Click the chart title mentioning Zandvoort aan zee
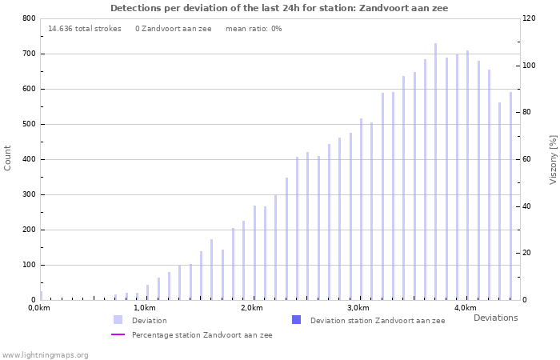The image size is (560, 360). tap(279, 8)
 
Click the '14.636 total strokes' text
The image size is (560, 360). tap(85, 29)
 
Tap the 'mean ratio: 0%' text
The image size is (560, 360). tap(254, 29)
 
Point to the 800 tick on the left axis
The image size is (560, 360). tap(28, 18)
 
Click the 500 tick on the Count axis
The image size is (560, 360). tap(28, 124)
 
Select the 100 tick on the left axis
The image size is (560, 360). tap(28, 265)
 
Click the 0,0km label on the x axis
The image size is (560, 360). tap(39, 308)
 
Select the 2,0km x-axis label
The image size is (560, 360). tap(251, 308)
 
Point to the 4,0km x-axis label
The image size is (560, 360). tap(465, 308)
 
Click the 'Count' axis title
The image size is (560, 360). tap(8, 158)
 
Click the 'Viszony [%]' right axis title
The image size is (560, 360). tap(553, 159)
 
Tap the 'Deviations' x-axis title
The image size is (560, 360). tap(495, 318)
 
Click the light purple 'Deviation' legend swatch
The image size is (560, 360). tap(118, 320)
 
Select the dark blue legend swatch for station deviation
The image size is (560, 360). tap(297, 320)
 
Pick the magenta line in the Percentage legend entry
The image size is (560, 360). tap(118, 334)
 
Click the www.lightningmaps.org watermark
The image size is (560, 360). tap(45, 354)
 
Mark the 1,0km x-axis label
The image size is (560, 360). tap(144, 308)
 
